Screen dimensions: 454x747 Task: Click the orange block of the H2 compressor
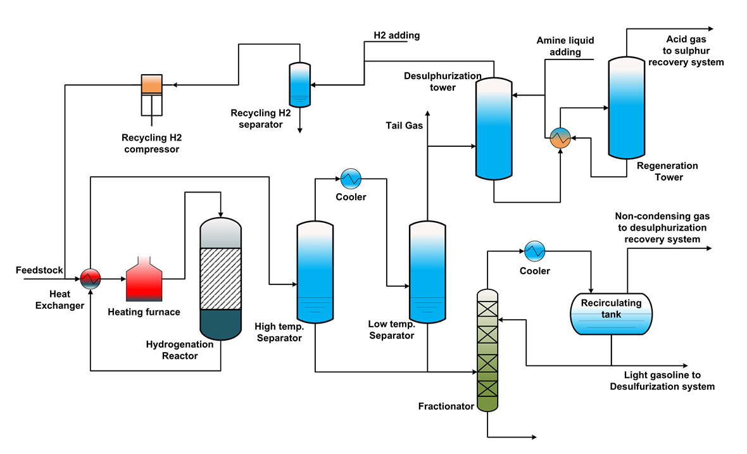pyautogui.click(x=151, y=84)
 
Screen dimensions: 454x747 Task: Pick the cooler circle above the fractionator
pyautogui.click(x=535, y=251)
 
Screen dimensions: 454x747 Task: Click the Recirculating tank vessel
pyautogui.click(x=611, y=313)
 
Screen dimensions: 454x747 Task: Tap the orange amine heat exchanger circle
pyautogui.click(x=560, y=137)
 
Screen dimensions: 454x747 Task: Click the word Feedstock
pyautogui.click(x=39, y=271)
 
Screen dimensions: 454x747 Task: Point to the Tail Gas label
pyautogui.click(x=405, y=125)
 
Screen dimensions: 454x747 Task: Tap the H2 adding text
pyautogui.click(x=396, y=35)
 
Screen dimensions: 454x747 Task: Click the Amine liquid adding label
pyautogui.click(x=565, y=46)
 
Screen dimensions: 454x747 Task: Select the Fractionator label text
pyautogui.click(x=446, y=406)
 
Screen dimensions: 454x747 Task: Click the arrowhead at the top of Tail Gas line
pyautogui.click(x=428, y=113)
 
